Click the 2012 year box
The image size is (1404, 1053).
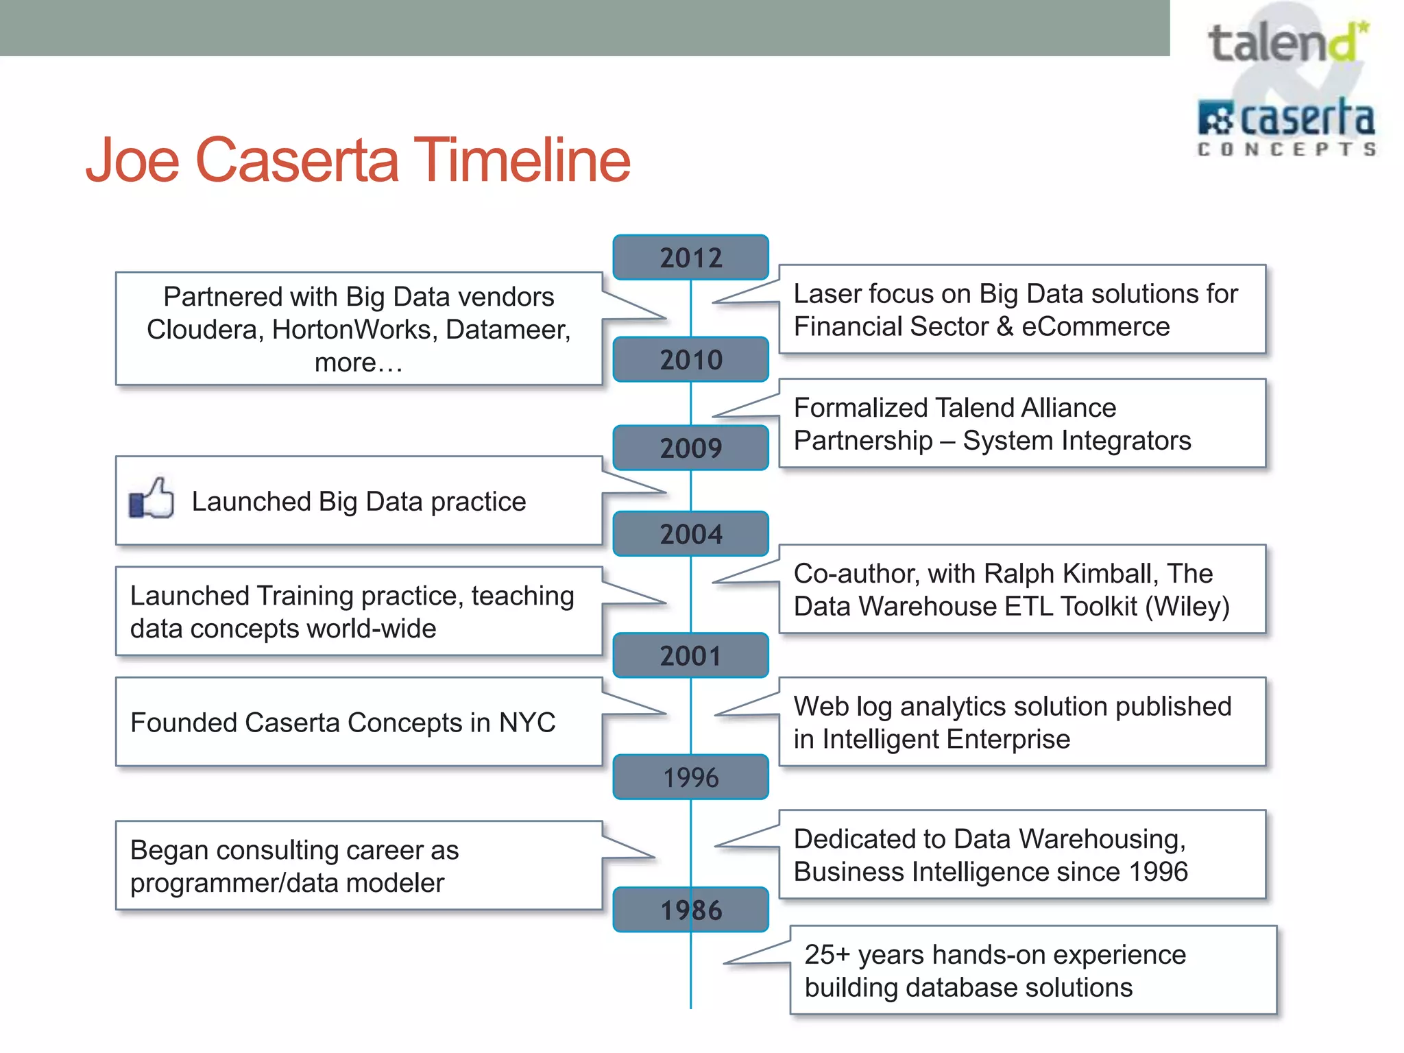[690, 258]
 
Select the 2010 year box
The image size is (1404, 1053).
[690, 360]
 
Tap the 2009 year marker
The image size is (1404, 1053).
[690, 448]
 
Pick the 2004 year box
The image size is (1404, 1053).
[690, 534]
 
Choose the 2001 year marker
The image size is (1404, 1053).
[690, 656]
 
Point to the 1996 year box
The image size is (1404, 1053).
[690, 777]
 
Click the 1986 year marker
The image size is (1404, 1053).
[690, 910]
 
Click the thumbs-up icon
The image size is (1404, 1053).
[152, 498]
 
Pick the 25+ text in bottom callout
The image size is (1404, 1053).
[827, 955]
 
